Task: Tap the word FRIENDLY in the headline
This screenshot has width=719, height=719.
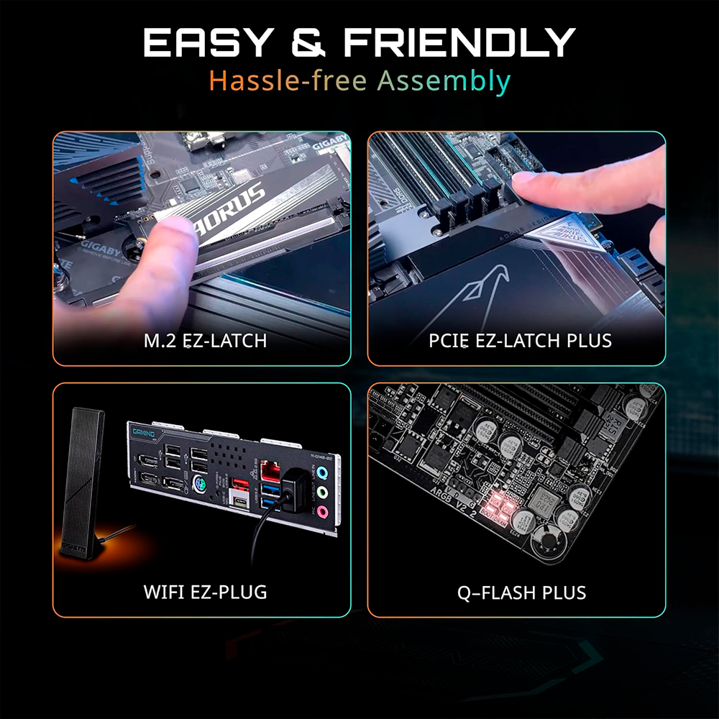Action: (459, 42)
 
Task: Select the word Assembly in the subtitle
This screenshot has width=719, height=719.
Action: (444, 81)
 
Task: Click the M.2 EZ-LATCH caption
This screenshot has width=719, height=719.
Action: (205, 340)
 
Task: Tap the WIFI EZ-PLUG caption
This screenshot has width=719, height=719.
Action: (205, 592)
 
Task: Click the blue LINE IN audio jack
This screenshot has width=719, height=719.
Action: (323, 474)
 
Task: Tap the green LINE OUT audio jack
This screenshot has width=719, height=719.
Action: (324, 493)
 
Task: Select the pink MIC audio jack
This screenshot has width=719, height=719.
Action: (324, 512)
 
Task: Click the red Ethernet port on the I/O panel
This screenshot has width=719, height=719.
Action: (271, 471)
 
